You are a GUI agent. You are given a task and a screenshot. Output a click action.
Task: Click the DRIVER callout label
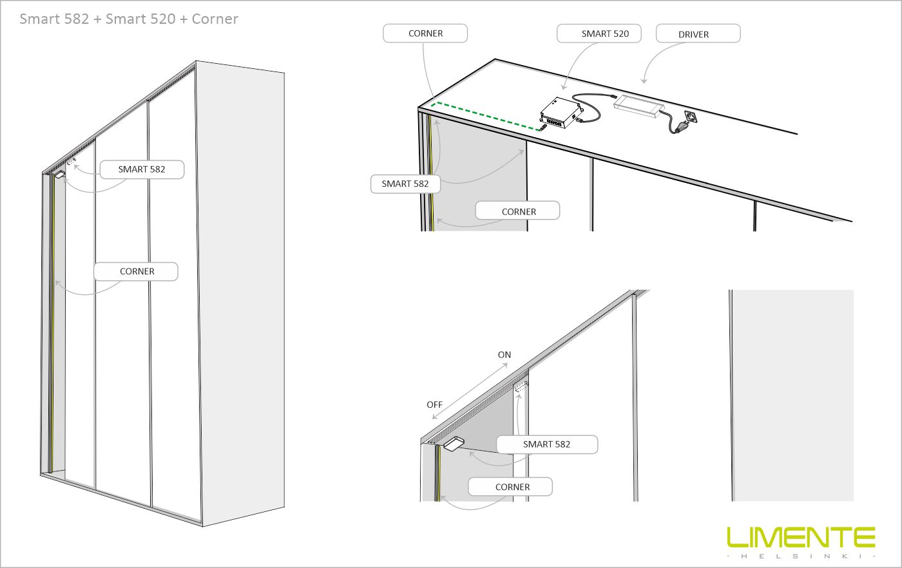pos(698,33)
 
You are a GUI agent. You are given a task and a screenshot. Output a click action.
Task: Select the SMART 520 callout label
pos(599,33)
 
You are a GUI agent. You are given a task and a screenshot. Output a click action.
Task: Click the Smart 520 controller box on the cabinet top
pos(561,113)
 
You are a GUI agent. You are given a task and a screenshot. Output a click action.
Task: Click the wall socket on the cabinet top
pos(691,117)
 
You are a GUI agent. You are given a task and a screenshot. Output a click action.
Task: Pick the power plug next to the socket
pos(679,128)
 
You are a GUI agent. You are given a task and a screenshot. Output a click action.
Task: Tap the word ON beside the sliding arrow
pos(504,355)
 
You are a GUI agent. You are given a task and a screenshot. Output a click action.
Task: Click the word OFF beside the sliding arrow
pos(434,404)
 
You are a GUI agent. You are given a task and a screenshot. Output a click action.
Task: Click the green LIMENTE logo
pos(801,537)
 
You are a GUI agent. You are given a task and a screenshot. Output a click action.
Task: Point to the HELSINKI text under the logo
pos(801,556)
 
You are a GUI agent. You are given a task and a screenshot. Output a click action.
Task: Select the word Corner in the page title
pos(215,19)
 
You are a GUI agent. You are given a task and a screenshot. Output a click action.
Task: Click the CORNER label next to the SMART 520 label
pos(425,33)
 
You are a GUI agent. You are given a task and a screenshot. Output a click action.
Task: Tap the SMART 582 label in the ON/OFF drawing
pos(547,444)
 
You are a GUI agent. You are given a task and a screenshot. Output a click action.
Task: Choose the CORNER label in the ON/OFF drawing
pos(510,487)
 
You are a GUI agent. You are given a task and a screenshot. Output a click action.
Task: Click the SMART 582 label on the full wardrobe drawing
pos(142,169)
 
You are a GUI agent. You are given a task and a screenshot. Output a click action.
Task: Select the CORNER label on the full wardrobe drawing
pos(136,271)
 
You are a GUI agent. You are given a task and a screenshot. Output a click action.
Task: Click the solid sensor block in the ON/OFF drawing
pos(454,443)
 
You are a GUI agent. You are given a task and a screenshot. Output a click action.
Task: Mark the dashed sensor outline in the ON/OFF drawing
pos(521,387)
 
